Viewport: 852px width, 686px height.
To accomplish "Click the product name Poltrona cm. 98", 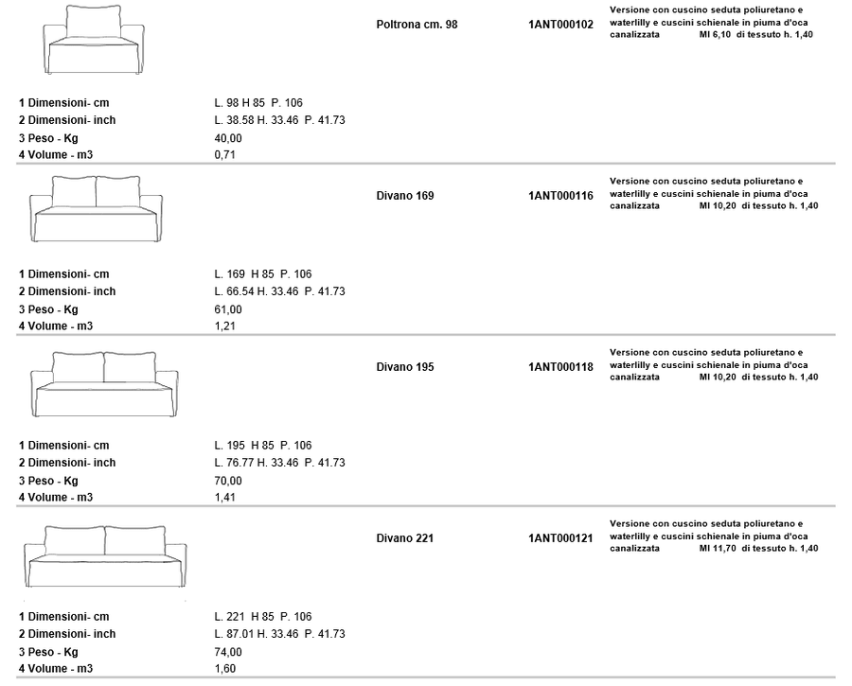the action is (x=417, y=25).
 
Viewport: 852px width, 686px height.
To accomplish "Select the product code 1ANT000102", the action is (x=560, y=25).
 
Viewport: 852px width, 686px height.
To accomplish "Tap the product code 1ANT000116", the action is (x=560, y=196).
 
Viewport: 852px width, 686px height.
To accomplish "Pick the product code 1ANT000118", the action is (x=560, y=367).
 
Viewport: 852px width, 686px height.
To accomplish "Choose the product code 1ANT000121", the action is (x=560, y=538).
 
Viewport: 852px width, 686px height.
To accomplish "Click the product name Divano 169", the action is (x=405, y=196).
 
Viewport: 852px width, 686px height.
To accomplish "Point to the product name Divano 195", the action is (x=405, y=367).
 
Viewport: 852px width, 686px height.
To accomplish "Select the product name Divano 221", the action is (x=405, y=538).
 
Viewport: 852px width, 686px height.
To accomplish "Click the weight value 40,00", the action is (x=228, y=138).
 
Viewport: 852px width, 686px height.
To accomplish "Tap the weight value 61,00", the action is (x=228, y=309).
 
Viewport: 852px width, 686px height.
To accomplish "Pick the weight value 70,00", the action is (x=228, y=481).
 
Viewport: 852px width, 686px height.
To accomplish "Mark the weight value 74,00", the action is (x=228, y=652).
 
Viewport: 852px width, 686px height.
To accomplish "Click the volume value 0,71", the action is (x=225, y=155).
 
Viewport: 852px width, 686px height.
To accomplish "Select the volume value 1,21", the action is (x=225, y=325).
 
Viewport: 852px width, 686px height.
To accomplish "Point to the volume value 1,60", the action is (x=225, y=669).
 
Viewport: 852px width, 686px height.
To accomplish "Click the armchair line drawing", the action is (x=94, y=40).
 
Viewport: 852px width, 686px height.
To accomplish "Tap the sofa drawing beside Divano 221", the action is (x=105, y=556).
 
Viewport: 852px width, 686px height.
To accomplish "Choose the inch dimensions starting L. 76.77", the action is (x=279, y=463).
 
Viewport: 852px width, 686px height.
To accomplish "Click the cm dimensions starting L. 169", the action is (x=263, y=274).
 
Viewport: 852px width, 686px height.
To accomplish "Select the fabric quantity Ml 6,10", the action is (x=715, y=35).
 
